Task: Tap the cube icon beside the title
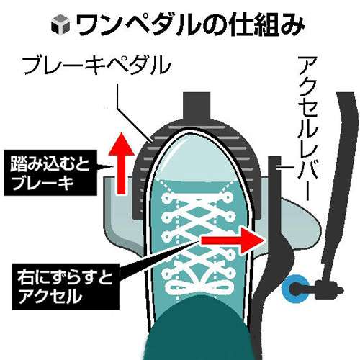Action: coord(60,24)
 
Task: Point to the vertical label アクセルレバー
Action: coord(308,128)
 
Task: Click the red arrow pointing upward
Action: coord(121,163)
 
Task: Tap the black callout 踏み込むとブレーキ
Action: coord(50,173)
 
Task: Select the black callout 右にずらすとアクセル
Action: coord(66,287)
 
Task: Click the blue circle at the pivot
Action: coord(295,289)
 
